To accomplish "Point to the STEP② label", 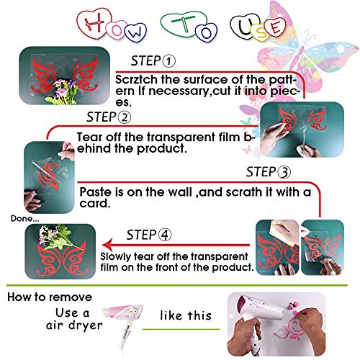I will click(x=109, y=117).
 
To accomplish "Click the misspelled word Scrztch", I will click(x=138, y=76).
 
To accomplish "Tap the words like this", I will click(x=186, y=315).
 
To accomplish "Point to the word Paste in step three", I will click(x=94, y=192).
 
